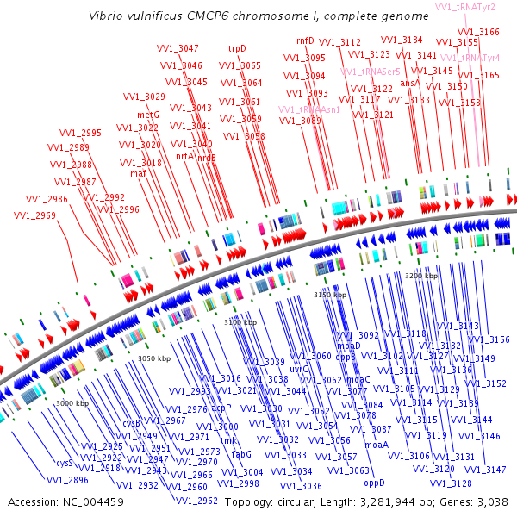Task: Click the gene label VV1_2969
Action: (x=35, y=215)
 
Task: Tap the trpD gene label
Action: (x=237, y=49)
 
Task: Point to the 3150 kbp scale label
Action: (x=329, y=295)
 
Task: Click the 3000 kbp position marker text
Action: (x=72, y=403)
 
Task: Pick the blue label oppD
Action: (x=373, y=483)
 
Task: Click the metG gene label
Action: (x=148, y=115)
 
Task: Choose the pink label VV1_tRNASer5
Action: (x=370, y=72)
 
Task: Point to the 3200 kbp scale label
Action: (x=423, y=275)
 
